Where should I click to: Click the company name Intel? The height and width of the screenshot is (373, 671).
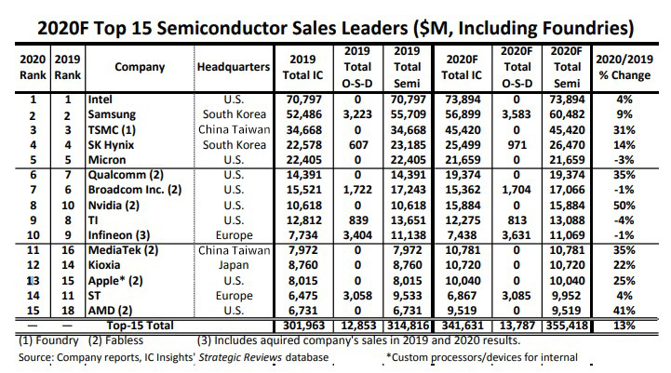coord(101,97)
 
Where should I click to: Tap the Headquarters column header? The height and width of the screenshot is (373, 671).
coord(233,67)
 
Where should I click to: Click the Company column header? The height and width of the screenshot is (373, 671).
coord(140,67)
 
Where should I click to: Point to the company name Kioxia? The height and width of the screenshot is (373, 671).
coord(104,265)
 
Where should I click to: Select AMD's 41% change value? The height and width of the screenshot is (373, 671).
coord(637,310)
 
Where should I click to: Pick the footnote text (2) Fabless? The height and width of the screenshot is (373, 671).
coord(103,341)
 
